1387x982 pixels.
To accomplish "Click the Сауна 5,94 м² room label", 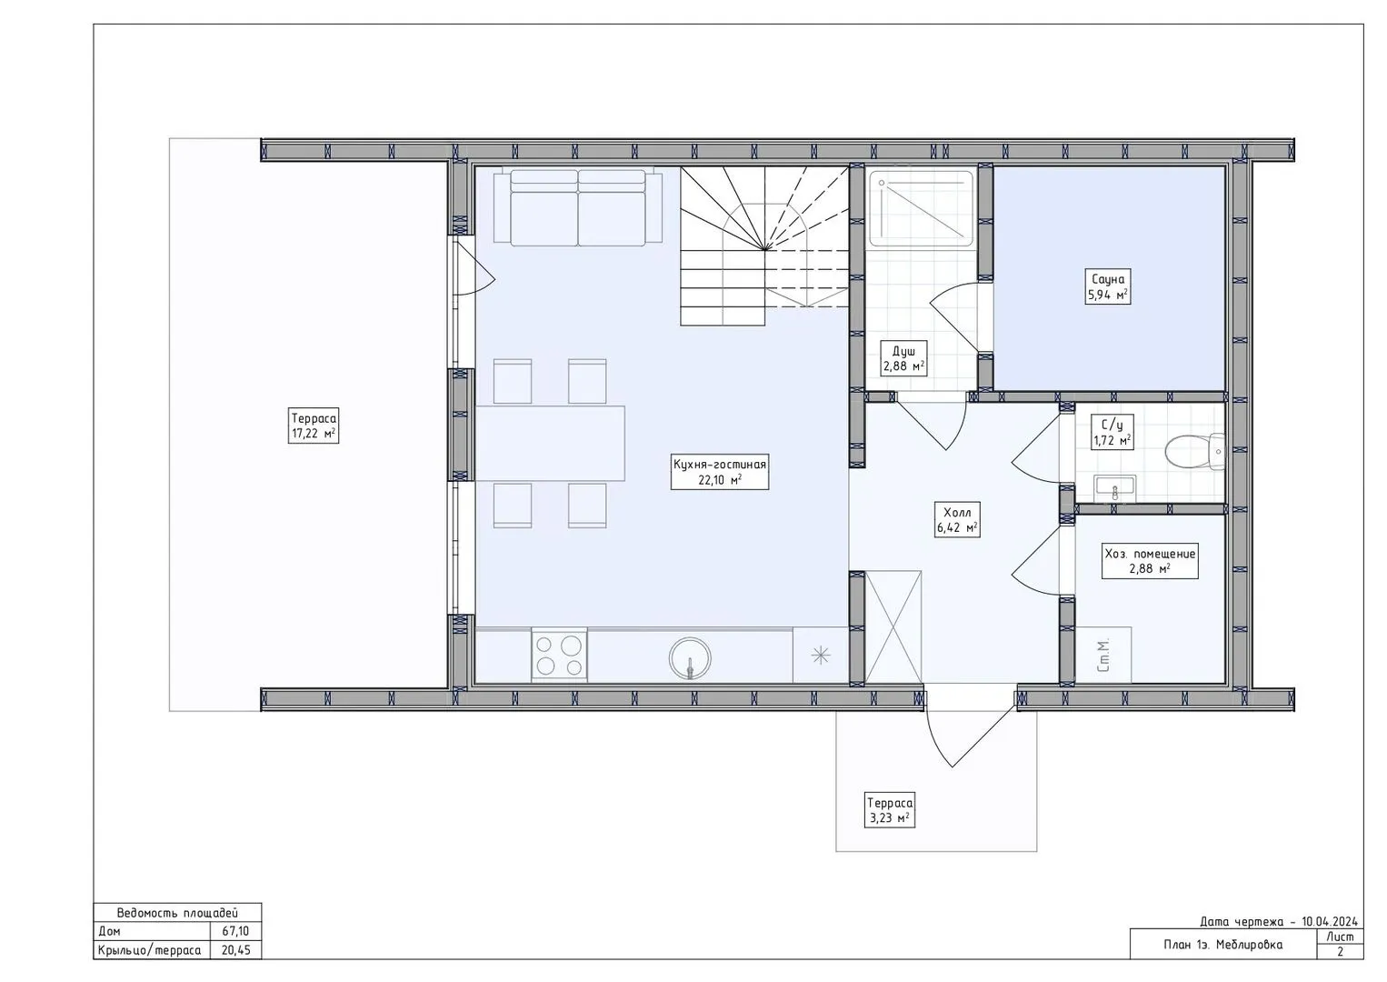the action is (1108, 286).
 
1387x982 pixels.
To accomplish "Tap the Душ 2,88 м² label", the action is (904, 358).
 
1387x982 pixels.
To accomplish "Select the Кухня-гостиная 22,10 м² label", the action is (720, 472).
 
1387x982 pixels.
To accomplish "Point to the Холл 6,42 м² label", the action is (957, 520).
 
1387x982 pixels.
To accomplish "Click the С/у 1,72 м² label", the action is (1113, 432).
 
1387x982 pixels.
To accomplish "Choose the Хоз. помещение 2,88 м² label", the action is (1150, 561).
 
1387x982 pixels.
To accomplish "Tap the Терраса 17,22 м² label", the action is (314, 425).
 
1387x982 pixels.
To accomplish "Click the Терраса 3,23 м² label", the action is (889, 810).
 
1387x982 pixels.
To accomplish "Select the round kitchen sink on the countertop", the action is (690, 658).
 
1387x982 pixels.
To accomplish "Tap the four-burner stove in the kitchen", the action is (559, 656).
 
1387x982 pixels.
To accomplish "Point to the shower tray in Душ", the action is (921, 208).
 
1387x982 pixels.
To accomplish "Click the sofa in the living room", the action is (578, 207).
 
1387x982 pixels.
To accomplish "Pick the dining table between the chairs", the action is (550, 443).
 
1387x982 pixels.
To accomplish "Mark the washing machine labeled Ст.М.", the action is (1103, 655).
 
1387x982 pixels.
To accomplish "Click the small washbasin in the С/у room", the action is (1115, 488).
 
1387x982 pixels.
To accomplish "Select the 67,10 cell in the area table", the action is (235, 931).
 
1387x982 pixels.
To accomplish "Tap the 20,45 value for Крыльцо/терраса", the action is (235, 950).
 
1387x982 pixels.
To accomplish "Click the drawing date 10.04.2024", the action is (1330, 921).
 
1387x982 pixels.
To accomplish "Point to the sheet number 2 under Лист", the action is (1340, 952).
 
